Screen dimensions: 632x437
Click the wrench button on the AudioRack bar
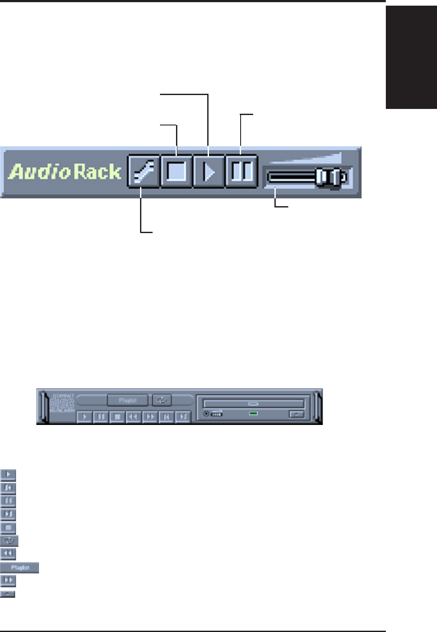point(144,171)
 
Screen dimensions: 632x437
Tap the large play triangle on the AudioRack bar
point(209,171)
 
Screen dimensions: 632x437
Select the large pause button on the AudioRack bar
point(241,171)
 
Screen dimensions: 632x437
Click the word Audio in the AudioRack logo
point(39,172)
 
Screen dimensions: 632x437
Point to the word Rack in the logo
point(97,172)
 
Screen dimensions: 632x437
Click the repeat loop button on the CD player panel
point(162,400)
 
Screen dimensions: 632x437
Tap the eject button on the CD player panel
point(297,414)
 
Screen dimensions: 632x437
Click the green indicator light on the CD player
point(254,413)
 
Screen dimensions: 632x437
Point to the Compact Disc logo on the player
point(62,404)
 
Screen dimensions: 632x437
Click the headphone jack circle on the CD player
point(206,414)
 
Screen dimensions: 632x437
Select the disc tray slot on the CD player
point(254,404)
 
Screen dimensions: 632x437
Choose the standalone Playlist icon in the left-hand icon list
point(20,567)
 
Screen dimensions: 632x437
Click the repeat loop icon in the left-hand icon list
point(9,541)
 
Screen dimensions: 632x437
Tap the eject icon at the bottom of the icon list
point(8,594)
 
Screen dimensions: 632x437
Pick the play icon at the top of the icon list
point(8,474)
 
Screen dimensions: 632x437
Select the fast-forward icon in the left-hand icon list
point(8,580)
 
